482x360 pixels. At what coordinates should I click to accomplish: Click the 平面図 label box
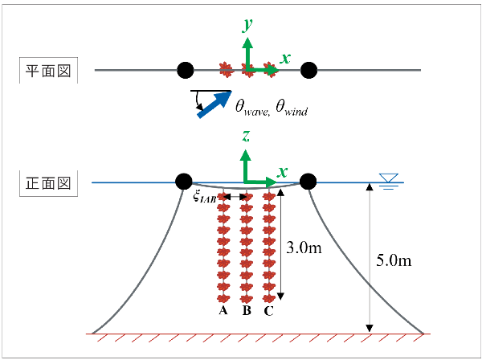pos(47,71)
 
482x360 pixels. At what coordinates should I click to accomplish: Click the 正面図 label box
pos(47,182)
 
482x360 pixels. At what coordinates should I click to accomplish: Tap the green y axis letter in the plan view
pos(248,26)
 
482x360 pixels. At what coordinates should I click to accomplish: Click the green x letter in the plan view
pos(285,58)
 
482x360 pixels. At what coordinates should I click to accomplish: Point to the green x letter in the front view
pos(283,171)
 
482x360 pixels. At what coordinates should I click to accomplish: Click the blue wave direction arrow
pos(213,104)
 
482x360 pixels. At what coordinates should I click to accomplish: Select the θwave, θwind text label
pos(271,104)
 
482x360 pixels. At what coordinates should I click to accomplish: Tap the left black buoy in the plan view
pos(185,71)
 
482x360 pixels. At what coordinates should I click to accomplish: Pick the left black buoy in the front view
pos(183,181)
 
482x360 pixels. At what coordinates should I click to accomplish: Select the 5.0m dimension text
pos(394,260)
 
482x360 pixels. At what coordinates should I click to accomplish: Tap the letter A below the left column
pos(224,310)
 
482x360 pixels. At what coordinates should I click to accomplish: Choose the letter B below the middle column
pos(247,310)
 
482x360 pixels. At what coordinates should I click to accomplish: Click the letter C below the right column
pos(268,310)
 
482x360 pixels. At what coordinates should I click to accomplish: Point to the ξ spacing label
pos(207,198)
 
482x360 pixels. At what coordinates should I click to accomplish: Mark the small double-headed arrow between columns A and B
pos(236,197)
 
